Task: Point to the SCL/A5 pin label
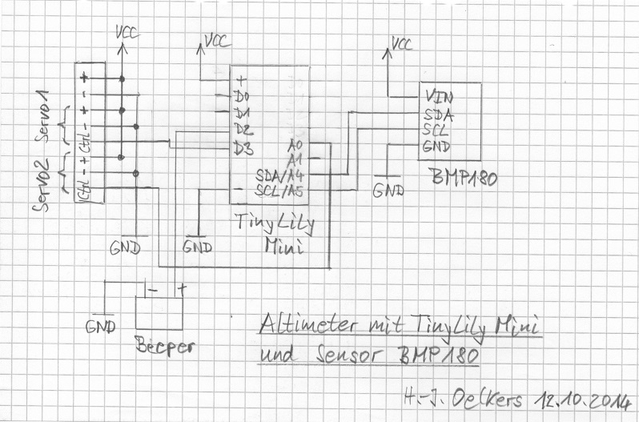pos(277,191)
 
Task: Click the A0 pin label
pos(293,147)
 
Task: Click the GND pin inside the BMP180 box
pos(437,147)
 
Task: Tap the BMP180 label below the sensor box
pos(463,177)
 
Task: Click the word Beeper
pos(166,347)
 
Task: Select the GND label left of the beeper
pos(101,327)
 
